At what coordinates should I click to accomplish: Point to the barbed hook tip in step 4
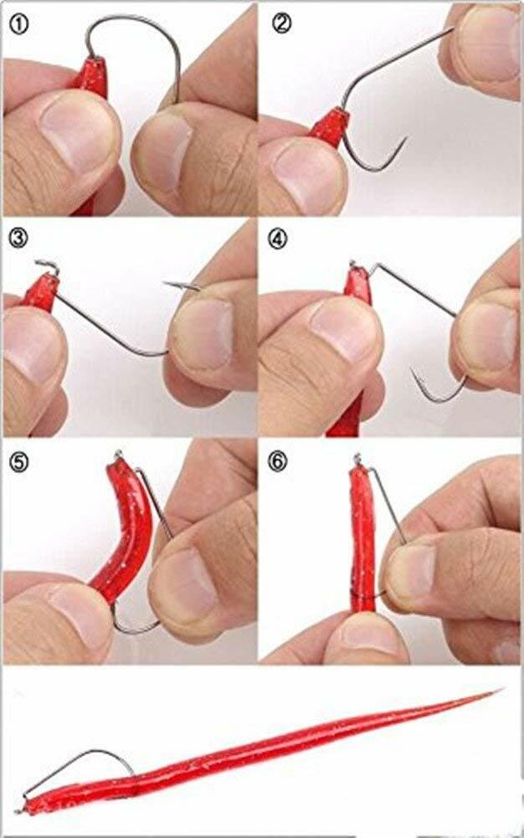pos(414,372)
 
